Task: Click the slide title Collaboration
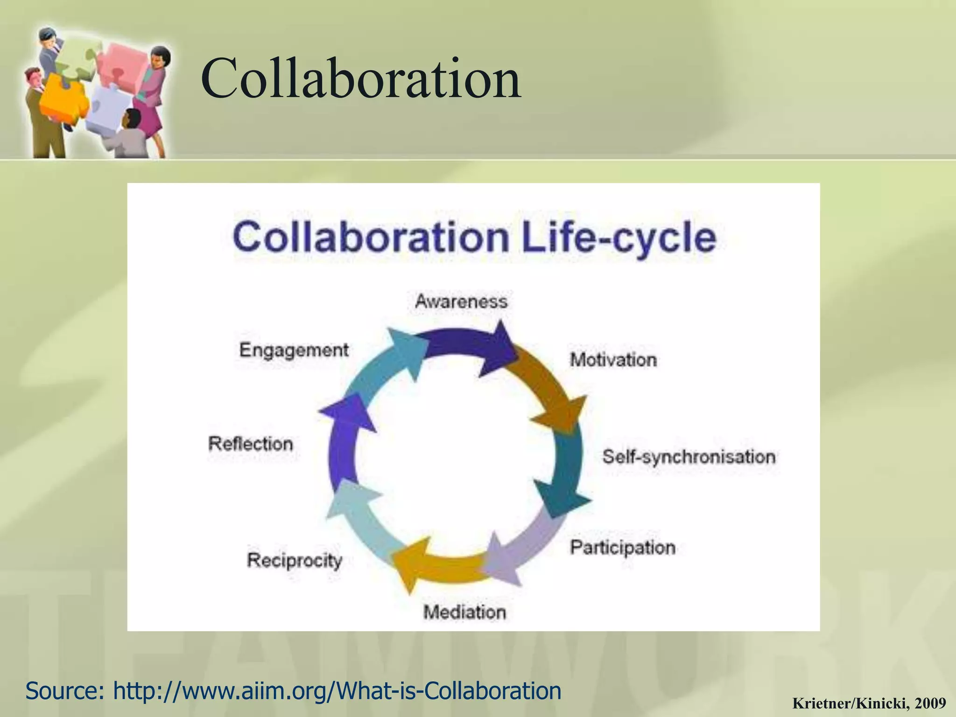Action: point(361,78)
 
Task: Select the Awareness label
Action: point(461,302)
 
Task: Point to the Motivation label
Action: point(613,360)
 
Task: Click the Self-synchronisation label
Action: point(689,457)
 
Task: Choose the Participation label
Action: point(623,547)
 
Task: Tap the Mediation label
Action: point(464,612)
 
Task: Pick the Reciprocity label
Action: point(295,560)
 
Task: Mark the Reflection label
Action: point(251,443)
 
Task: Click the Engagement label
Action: point(294,350)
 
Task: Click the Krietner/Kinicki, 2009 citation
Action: point(869,703)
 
